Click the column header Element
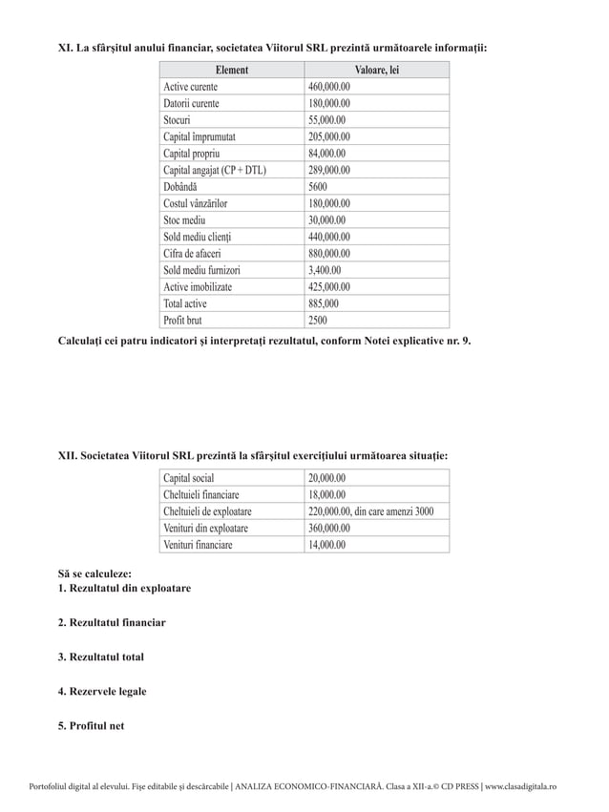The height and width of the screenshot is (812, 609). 231,70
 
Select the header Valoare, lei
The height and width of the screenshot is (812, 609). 376,70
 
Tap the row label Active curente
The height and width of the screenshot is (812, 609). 190,87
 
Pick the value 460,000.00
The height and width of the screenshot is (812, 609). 329,87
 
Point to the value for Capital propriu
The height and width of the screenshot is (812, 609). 327,154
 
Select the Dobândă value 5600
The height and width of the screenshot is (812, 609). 319,187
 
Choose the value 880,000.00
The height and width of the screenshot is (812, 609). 329,254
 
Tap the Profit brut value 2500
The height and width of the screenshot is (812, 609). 319,320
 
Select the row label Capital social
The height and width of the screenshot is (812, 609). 189,478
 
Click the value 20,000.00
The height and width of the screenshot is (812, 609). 327,478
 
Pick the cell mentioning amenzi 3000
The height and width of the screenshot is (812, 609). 371,511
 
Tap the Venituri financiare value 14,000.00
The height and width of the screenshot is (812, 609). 327,545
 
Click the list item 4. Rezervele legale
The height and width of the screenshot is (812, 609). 102,691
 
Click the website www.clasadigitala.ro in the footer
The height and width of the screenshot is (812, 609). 520,786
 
